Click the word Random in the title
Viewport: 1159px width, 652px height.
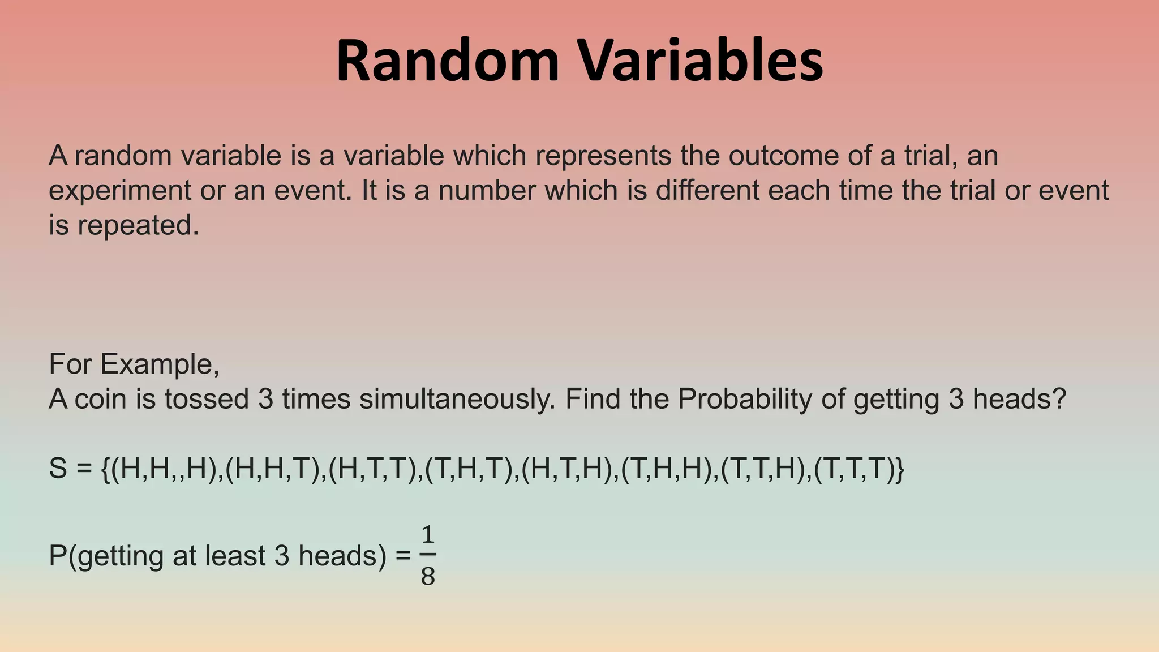coord(448,61)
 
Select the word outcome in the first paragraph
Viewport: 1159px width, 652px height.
coord(783,156)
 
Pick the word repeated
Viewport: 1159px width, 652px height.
coord(138,225)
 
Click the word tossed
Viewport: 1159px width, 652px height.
coord(207,400)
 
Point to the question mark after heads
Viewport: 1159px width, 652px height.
coord(1059,400)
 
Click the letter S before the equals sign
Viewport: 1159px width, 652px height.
coord(58,469)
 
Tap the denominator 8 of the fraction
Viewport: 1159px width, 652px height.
coord(428,576)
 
